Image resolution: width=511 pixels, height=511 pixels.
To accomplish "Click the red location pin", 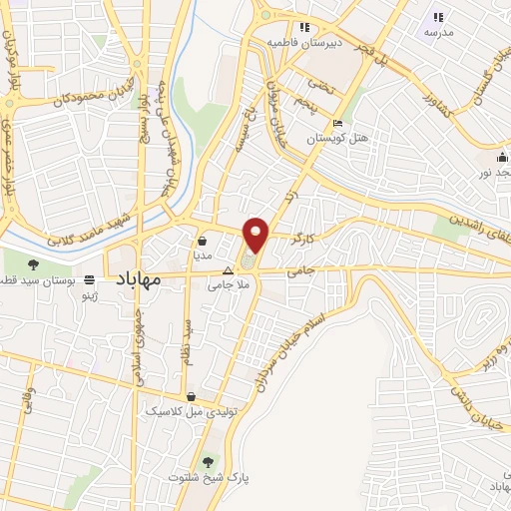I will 256,235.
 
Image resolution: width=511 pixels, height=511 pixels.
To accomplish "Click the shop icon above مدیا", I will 203,241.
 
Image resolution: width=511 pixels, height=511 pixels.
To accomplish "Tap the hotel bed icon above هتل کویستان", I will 338,122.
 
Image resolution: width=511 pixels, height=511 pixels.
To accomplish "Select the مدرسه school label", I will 438,32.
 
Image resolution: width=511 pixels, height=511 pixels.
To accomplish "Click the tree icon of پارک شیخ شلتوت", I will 208,462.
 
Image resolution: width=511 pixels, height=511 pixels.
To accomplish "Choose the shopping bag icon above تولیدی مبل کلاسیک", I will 190,396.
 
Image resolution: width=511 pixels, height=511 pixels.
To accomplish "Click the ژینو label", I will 92,296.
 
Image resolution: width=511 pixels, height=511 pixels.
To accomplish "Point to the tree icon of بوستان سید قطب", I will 33,264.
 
